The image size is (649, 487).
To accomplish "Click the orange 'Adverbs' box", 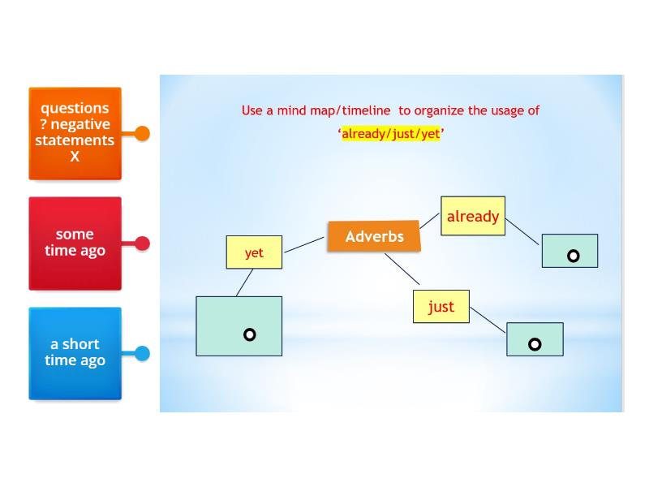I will click(374, 236).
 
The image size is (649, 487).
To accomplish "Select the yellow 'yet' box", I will click(254, 252).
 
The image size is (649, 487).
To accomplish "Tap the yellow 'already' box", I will click(473, 216).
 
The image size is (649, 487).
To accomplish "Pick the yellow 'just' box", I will click(441, 307).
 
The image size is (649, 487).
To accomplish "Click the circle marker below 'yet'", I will click(250, 334).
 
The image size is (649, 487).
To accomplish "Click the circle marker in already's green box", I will click(573, 256).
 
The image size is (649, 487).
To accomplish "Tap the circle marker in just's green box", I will click(535, 344).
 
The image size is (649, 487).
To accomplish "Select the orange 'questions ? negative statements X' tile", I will click(75, 133).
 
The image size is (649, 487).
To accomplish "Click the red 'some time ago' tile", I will click(75, 243).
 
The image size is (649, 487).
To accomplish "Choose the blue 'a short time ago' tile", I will click(75, 353).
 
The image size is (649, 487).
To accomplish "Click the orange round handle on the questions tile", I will click(142, 133).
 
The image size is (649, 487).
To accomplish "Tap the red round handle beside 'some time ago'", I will click(142, 243).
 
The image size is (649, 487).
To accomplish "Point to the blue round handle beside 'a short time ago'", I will click(142, 353).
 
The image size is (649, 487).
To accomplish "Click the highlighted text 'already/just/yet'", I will click(391, 134).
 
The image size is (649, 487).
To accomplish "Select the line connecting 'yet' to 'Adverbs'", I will click(304, 244).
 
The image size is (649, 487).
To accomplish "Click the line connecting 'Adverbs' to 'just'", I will click(402, 269).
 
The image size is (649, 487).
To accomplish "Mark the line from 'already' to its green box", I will click(522, 231).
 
